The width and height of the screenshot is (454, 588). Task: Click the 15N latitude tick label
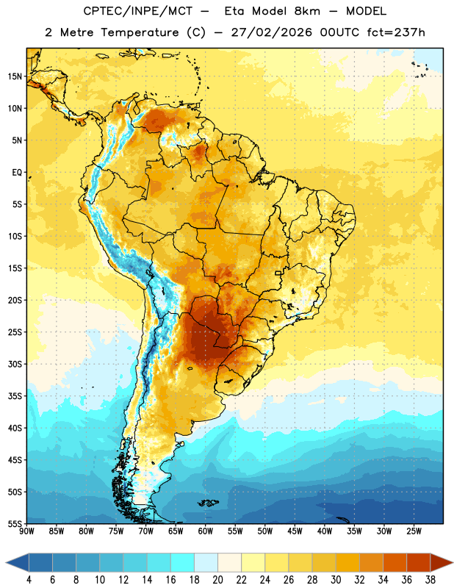tap(15, 76)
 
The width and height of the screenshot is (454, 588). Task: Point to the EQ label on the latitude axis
tap(17, 173)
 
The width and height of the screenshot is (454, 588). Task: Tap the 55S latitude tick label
tap(15, 523)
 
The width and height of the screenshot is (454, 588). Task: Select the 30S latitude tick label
tap(15, 364)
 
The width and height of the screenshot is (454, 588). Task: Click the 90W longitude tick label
tap(26, 531)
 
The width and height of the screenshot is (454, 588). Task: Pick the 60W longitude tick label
tap(206, 531)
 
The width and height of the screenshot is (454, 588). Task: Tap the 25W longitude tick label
tap(414, 531)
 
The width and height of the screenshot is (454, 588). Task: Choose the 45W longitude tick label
tap(295, 531)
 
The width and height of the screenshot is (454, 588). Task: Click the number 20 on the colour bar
tap(217, 580)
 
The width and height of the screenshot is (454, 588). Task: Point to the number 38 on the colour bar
tap(430, 580)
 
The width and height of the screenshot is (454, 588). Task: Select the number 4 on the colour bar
tap(29, 580)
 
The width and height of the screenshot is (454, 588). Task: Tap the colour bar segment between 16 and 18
tap(183, 562)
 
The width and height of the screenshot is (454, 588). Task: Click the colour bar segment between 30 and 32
tap(347, 562)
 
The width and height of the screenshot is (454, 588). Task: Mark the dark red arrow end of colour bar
tap(441, 562)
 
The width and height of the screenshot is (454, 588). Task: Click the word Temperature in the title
tap(140, 32)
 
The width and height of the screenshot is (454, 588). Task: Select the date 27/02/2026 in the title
tap(272, 32)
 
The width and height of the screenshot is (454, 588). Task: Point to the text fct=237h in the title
tap(396, 32)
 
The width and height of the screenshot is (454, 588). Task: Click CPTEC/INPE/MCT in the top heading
tap(138, 11)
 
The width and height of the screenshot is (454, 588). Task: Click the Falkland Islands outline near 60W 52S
tap(208, 503)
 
